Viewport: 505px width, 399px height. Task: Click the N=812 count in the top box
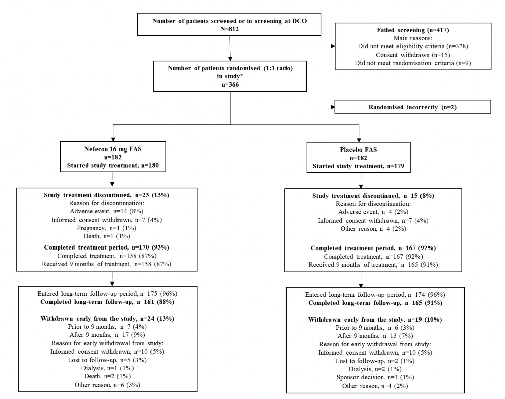click(229, 29)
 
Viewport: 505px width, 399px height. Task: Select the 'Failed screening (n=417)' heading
click(413, 30)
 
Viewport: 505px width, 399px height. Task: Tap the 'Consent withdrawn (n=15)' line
click(413, 55)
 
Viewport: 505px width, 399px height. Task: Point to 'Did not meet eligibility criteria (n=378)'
click(413, 46)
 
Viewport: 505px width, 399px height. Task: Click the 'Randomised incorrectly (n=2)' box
click(412, 107)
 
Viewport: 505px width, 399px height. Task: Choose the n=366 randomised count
click(230, 85)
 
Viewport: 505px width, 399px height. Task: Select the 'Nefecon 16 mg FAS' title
click(113, 149)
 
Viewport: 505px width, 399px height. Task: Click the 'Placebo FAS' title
click(358, 150)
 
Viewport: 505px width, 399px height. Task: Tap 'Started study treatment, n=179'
click(358, 166)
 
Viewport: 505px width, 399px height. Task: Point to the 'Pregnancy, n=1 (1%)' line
click(106, 228)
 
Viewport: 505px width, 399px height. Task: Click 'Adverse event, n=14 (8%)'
click(106, 211)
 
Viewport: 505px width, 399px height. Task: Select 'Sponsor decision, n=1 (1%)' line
click(375, 377)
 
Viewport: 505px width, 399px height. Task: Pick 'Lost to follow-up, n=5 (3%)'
click(107, 360)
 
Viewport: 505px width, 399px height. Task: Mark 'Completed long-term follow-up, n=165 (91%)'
click(375, 303)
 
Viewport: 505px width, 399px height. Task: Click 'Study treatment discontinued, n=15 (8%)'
click(373, 196)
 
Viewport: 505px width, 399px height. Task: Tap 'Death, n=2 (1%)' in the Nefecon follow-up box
click(107, 376)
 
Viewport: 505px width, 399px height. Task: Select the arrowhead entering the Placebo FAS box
click(359, 140)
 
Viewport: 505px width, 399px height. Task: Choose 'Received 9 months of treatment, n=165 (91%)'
click(373, 265)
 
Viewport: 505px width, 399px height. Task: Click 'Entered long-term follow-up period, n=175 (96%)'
click(107, 294)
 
